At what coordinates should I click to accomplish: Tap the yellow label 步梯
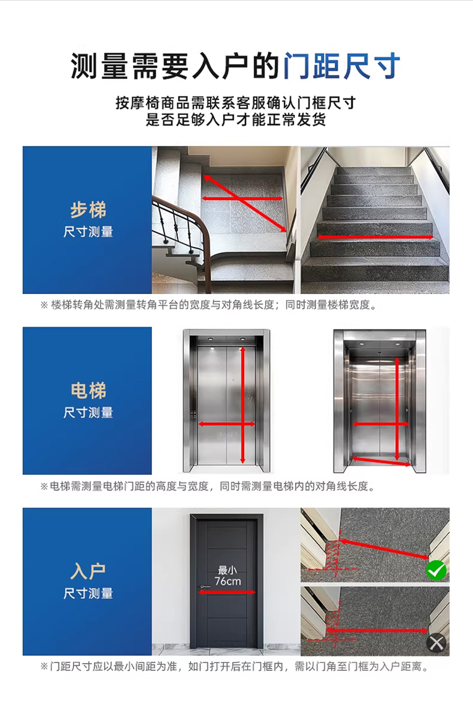click(88, 210)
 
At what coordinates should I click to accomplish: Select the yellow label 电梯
click(88, 391)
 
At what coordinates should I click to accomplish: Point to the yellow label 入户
click(88, 571)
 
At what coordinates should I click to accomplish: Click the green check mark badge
click(436, 570)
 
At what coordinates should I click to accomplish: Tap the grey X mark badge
click(436, 643)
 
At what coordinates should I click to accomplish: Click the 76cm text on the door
click(228, 581)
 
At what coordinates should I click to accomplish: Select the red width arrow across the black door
click(227, 592)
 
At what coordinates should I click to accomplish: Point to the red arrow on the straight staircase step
click(375, 237)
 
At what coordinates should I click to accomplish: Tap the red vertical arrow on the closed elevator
click(242, 405)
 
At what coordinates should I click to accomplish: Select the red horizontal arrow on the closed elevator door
click(227, 424)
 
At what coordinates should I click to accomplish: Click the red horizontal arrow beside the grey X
click(377, 631)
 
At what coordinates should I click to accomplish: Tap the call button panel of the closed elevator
click(193, 415)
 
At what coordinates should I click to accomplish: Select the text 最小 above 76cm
click(228, 570)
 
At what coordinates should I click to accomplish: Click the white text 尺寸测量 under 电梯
click(88, 413)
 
